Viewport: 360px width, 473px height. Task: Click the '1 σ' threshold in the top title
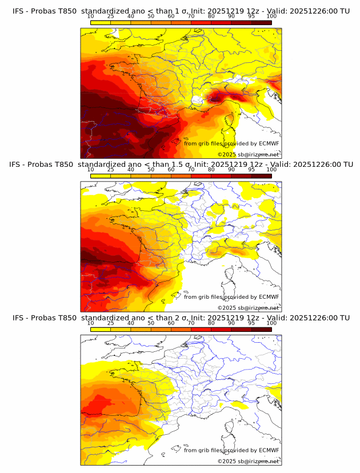(173, 11)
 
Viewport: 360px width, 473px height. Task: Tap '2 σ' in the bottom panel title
(173, 318)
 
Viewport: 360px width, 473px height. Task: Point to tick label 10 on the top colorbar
(91, 16)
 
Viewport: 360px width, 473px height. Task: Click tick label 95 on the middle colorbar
(251, 169)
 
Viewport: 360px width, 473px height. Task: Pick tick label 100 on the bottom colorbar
(271, 323)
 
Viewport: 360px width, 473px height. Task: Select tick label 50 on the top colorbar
(151, 16)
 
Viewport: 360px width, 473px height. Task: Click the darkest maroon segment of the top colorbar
(261, 22)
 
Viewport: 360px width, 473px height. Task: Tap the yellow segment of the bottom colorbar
(101, 329)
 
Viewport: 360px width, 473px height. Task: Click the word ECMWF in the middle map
(269, 297)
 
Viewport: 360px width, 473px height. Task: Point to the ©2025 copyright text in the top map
(227, 155)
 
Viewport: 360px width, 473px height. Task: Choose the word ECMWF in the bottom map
(269, 450)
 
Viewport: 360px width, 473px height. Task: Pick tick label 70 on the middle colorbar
(191, 169)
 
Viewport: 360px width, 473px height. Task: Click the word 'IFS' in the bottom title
(18, 318)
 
